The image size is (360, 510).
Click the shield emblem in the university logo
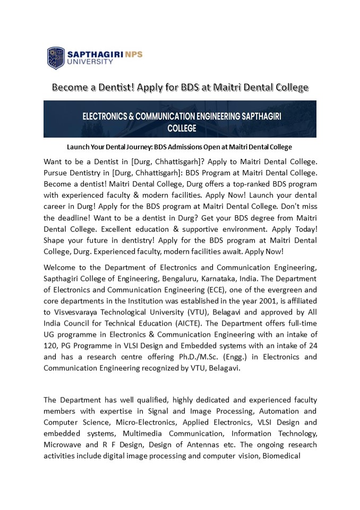(56, 58)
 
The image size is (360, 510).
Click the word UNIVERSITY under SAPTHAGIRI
(90, 62)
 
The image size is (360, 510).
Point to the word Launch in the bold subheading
(77, 147)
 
